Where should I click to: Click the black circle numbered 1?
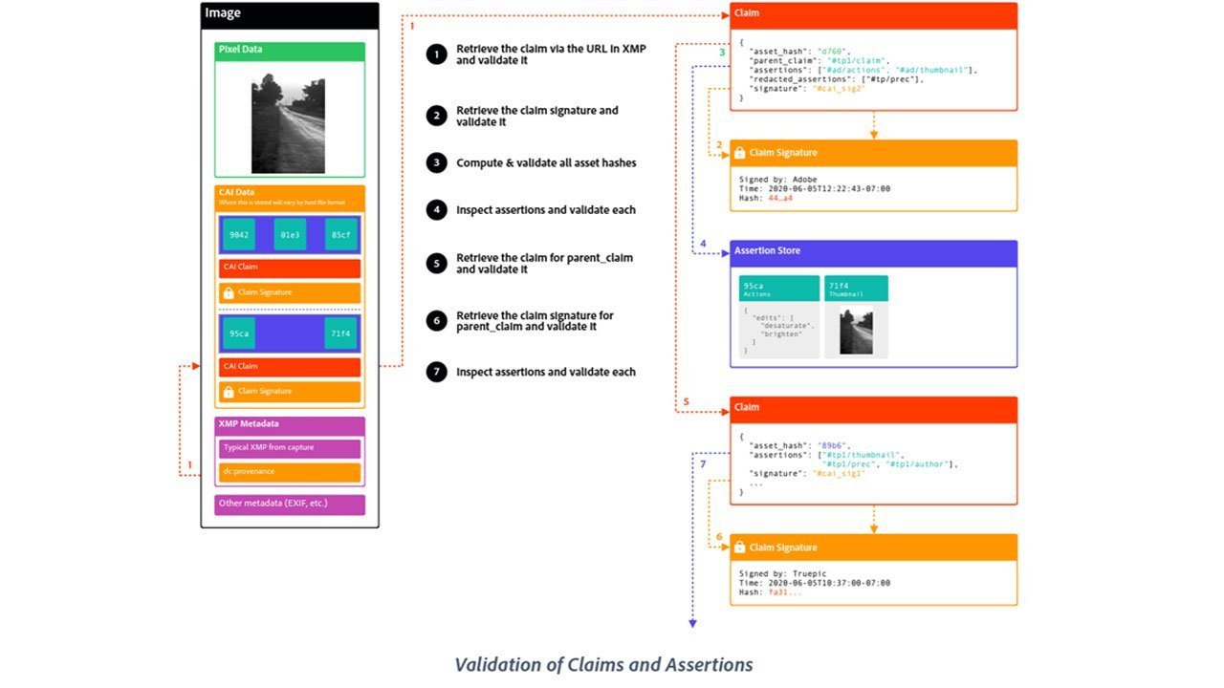point(437,54)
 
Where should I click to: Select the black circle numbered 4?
point(437,210)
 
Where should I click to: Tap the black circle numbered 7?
point(437,372)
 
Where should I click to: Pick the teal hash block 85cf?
point(341,234)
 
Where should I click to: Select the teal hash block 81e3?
point(289,234)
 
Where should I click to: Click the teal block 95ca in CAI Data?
point(237,333)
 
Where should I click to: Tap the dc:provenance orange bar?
point(290,472)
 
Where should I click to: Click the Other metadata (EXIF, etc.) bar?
point(290,504)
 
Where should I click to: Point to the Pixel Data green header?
point(290,51)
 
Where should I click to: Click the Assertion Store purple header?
point(873,252)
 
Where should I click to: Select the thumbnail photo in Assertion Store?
point(856,331)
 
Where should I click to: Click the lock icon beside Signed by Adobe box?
point(739,153)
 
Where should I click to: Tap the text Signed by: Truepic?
point(782,574)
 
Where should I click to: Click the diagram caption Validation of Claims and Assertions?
point(603,665)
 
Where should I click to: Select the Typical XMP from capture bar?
point(290,447)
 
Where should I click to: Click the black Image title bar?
point(290,14)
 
